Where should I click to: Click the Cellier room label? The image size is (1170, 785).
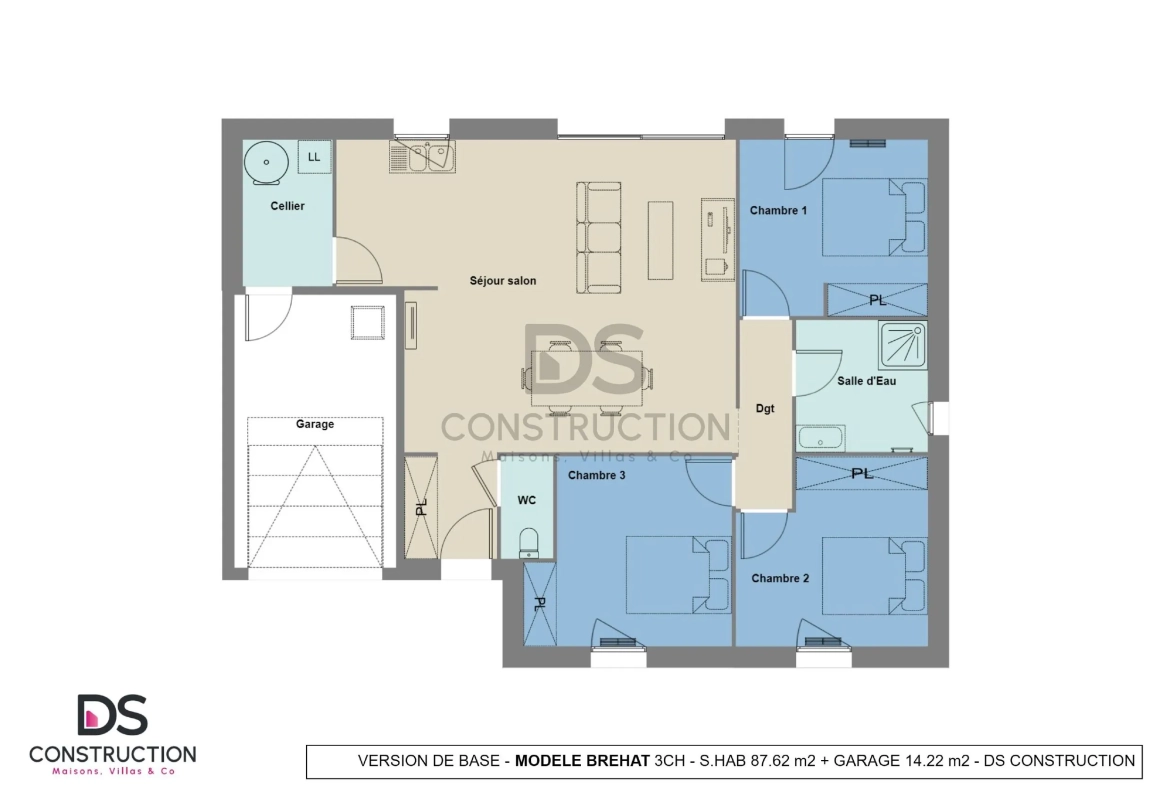click(287, 206)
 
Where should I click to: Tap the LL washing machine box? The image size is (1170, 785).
click(314, 157)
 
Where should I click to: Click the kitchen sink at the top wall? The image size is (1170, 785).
click(423, 157)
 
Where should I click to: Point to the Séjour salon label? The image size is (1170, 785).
click(503, 281)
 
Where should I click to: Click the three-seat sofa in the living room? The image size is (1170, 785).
click(599, 237)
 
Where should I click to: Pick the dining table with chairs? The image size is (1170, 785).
click(587, 378)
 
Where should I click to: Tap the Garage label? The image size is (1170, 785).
click(314, 424)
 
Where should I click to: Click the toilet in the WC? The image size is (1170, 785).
click(530, 542)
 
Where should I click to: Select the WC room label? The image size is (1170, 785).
click(527, 499)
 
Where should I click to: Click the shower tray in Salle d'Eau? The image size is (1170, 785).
click(902, 344)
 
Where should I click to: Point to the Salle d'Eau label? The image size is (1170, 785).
click(866, 381)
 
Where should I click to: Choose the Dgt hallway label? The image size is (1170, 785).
click(765, 408)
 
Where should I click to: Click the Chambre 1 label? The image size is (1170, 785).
click(778, 211)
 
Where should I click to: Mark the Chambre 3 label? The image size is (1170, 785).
click(597, 475)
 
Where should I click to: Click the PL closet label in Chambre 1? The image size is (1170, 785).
click(877, 299)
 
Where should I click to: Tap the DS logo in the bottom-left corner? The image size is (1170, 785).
click(112, 715)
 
